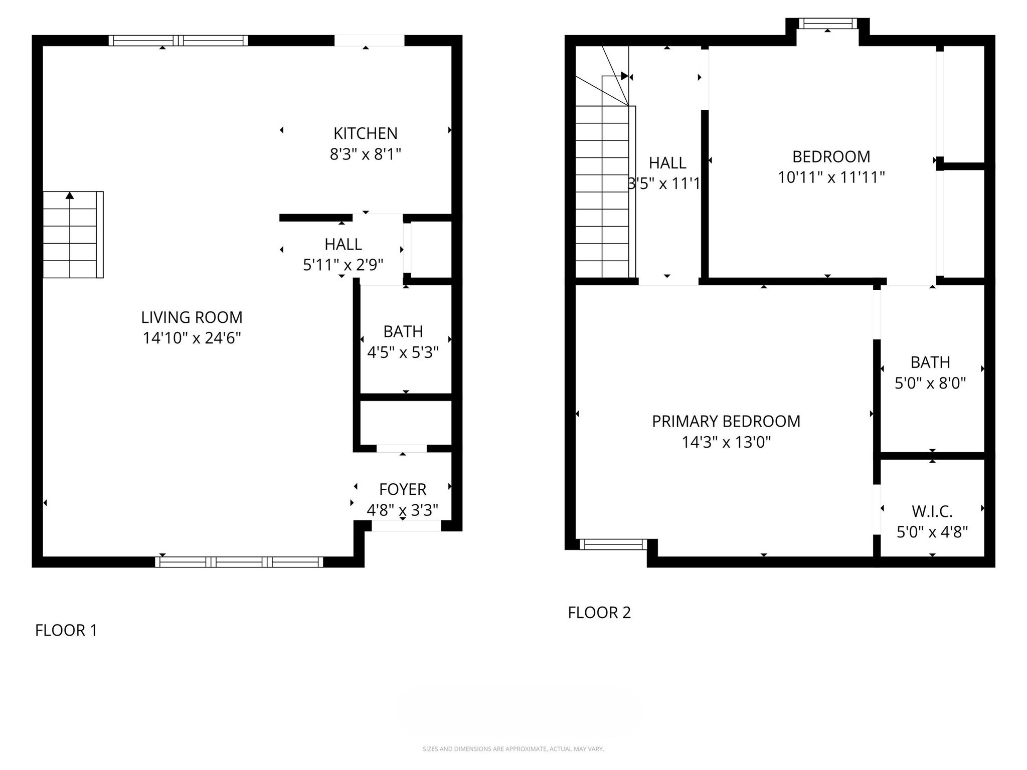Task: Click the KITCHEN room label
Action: pos(365,133)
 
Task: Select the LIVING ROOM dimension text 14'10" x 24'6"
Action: pos(192,338)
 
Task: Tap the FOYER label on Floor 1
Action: pos(403,489)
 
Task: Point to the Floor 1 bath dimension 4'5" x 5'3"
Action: pos(403,353)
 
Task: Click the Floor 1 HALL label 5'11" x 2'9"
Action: pos(343,254)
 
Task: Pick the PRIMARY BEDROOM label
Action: pos(726,422)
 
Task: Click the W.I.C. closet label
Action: pos(932,511)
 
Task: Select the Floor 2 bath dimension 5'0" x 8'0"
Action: pos(930,383)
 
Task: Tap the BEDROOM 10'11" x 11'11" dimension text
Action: pos(831,177)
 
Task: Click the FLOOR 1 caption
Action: pos(66,630)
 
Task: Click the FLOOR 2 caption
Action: pos(599,613)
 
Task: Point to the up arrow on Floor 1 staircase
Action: pos(70,196)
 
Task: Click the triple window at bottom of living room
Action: pos(239,562)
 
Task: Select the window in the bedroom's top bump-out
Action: pos(827,23)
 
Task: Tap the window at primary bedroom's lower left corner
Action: pos(613,544)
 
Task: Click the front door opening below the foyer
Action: pos(406,526)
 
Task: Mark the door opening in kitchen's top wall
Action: pos(369,40)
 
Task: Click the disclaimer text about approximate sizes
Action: pos(513,749)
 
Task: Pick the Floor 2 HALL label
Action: pos(667,163)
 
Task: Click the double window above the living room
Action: pos(178,41)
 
